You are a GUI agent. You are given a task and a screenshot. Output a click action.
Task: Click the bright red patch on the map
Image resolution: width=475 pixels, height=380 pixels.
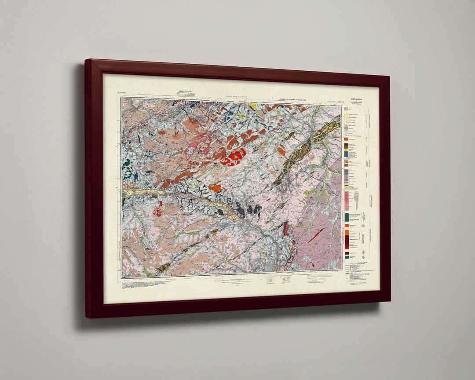(x=233, y=157)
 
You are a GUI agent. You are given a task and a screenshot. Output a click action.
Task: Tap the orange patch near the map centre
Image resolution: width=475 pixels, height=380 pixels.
(x=215, y=188)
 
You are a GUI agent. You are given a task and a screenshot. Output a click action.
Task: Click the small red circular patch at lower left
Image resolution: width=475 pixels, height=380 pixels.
(x=157, y=212)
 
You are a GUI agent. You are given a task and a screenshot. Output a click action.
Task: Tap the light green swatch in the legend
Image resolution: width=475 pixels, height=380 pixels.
(x=346, y=127)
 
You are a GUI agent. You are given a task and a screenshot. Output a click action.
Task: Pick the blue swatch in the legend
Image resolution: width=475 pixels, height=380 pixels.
(x=347, y=154)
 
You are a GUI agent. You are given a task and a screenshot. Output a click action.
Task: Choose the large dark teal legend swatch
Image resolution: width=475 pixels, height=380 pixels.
(x=347, y=217)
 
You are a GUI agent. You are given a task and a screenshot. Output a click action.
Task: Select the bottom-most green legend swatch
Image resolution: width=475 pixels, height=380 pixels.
(x=347, y=257)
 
